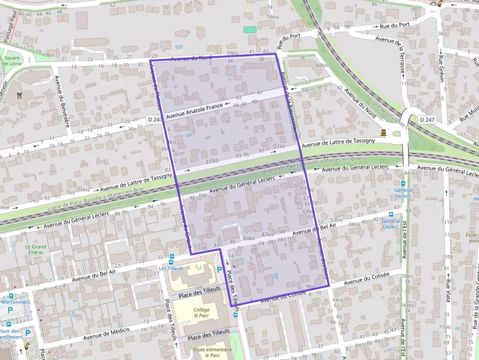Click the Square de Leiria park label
[x=11, y=61]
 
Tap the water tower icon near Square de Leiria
[x=20, y=95]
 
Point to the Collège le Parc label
[x=201, y=312]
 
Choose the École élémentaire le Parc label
[x=205, y=352]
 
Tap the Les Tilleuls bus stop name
[x=171, y=268]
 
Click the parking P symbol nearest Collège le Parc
[x=219, y=270]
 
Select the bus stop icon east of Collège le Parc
[x=235, y=315]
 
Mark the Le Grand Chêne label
[x=36, y=250]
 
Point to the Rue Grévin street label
[x=441, y=68]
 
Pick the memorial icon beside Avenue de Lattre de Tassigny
[x=384, y=132]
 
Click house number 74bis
[x=272, y=17]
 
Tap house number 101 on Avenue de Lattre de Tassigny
[x=281, y=147]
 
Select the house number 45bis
[x=249, y=238]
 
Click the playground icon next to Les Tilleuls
[x=198, y=268]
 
